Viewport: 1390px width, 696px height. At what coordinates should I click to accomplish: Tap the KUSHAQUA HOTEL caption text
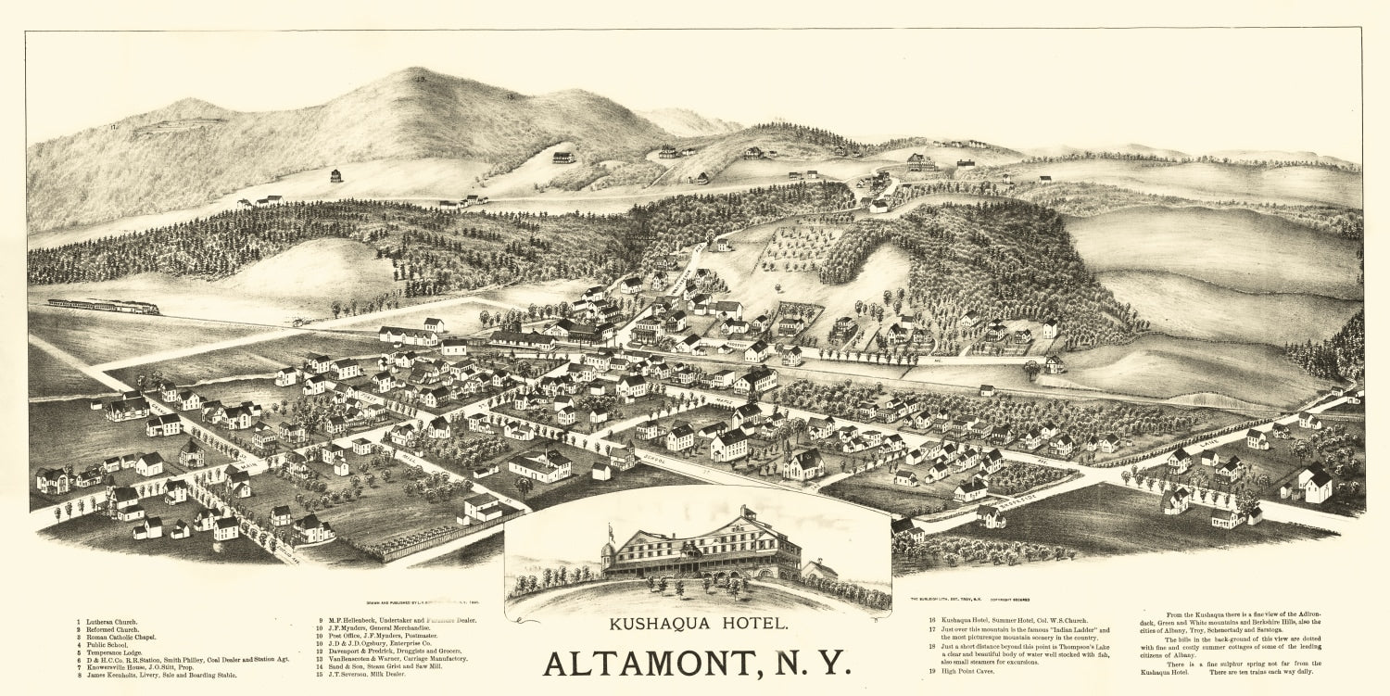click(x=699, y=624)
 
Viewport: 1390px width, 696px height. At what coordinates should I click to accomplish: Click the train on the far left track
click(x=103, y=306)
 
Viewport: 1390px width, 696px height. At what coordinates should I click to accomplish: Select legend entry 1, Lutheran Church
click(x=116, y=620)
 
